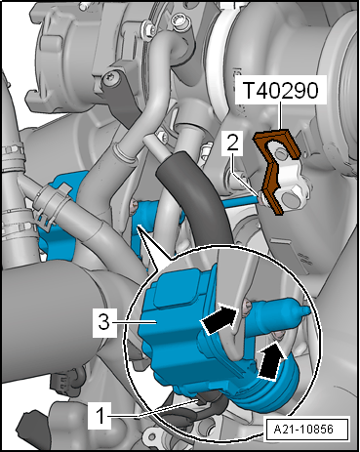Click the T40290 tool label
280,91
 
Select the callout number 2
232,144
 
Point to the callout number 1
100,415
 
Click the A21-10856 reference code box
303,429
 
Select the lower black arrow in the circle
270,361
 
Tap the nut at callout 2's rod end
262,198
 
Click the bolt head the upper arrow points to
247,307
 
